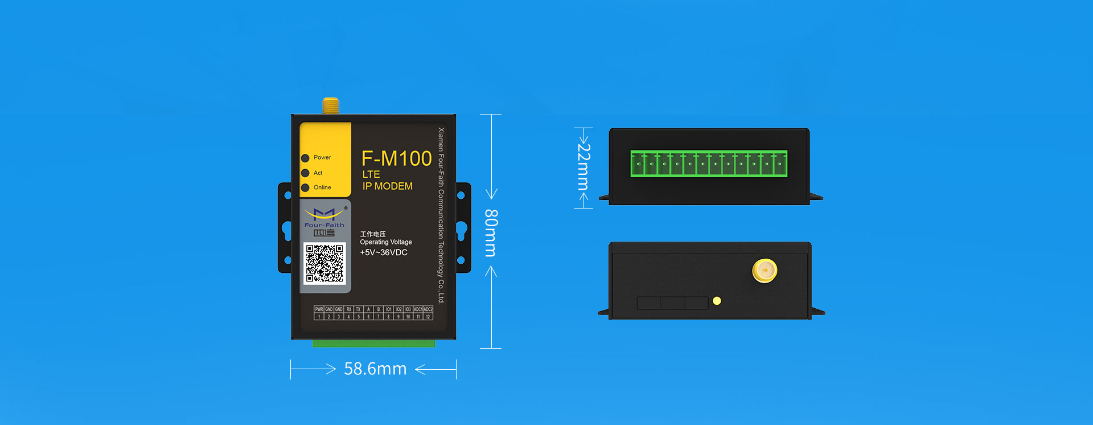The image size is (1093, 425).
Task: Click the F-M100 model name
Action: [397, 159]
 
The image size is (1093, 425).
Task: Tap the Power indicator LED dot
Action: [305, 158]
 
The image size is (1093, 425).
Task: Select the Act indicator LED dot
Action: [305, 173]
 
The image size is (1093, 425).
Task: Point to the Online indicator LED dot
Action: [305, 187]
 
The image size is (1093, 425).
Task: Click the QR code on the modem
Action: [324, 263]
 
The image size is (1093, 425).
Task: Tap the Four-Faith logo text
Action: [324, 225]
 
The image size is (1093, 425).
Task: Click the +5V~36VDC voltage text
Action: [384, 252]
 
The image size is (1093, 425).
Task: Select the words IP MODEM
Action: [388, 186]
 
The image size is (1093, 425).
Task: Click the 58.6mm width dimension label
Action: [375, 369]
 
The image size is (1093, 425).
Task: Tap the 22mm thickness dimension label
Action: [584, 166]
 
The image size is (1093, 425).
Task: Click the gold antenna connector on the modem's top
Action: [331, 106]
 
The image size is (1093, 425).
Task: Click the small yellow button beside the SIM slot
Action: [717, 301]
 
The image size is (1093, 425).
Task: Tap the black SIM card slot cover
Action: [672, 303]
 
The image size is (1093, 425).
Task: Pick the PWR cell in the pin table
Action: [319, 309]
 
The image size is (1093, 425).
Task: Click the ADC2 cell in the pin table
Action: [428, 309]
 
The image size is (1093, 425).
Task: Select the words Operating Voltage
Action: [386, 242]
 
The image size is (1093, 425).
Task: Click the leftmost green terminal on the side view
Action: [638, 164]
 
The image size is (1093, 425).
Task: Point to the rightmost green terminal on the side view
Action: [780, 164]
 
